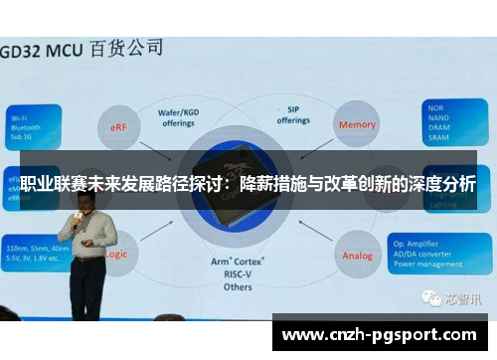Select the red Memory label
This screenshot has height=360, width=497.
(x=358, y=125)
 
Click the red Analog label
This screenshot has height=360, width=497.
(x=358, y=256)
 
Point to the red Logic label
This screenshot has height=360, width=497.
(x=113, y=255)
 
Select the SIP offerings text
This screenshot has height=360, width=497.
(x=293, y=115)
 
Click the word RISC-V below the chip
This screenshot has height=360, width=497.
(x=236, y=275)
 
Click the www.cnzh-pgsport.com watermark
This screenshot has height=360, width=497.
(x=384, y=334)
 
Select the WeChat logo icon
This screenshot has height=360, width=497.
(x=429, y=297)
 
